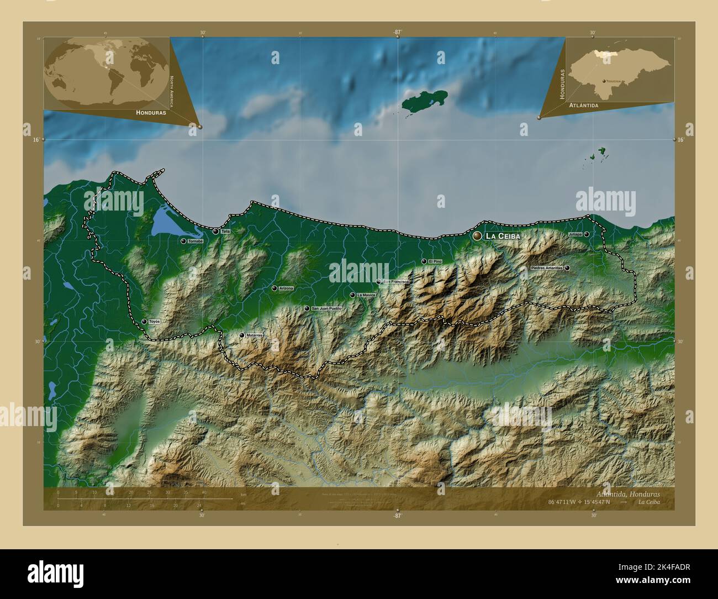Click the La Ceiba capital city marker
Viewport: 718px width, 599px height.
[x=477, y=236]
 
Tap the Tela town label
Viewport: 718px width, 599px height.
[x=225, y=232]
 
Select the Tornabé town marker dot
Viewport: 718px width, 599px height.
[x=183, y=241]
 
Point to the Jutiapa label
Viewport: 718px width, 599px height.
[x=575, y=234]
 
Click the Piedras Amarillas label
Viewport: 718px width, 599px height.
[x=546, y=268]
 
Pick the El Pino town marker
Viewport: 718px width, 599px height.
[x=424, y=261]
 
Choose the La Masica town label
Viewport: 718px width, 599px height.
[x=366, y=295]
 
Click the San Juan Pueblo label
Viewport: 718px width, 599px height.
[x=327, y=308]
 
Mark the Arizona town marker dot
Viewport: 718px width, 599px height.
[x=274, y=288]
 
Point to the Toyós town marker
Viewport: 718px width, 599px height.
[x=144, y=322]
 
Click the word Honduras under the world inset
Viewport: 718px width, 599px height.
[x=151, y=112]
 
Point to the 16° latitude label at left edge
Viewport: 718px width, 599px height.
[x=36, y=140]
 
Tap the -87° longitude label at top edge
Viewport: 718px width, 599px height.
[x=397, y=33]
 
